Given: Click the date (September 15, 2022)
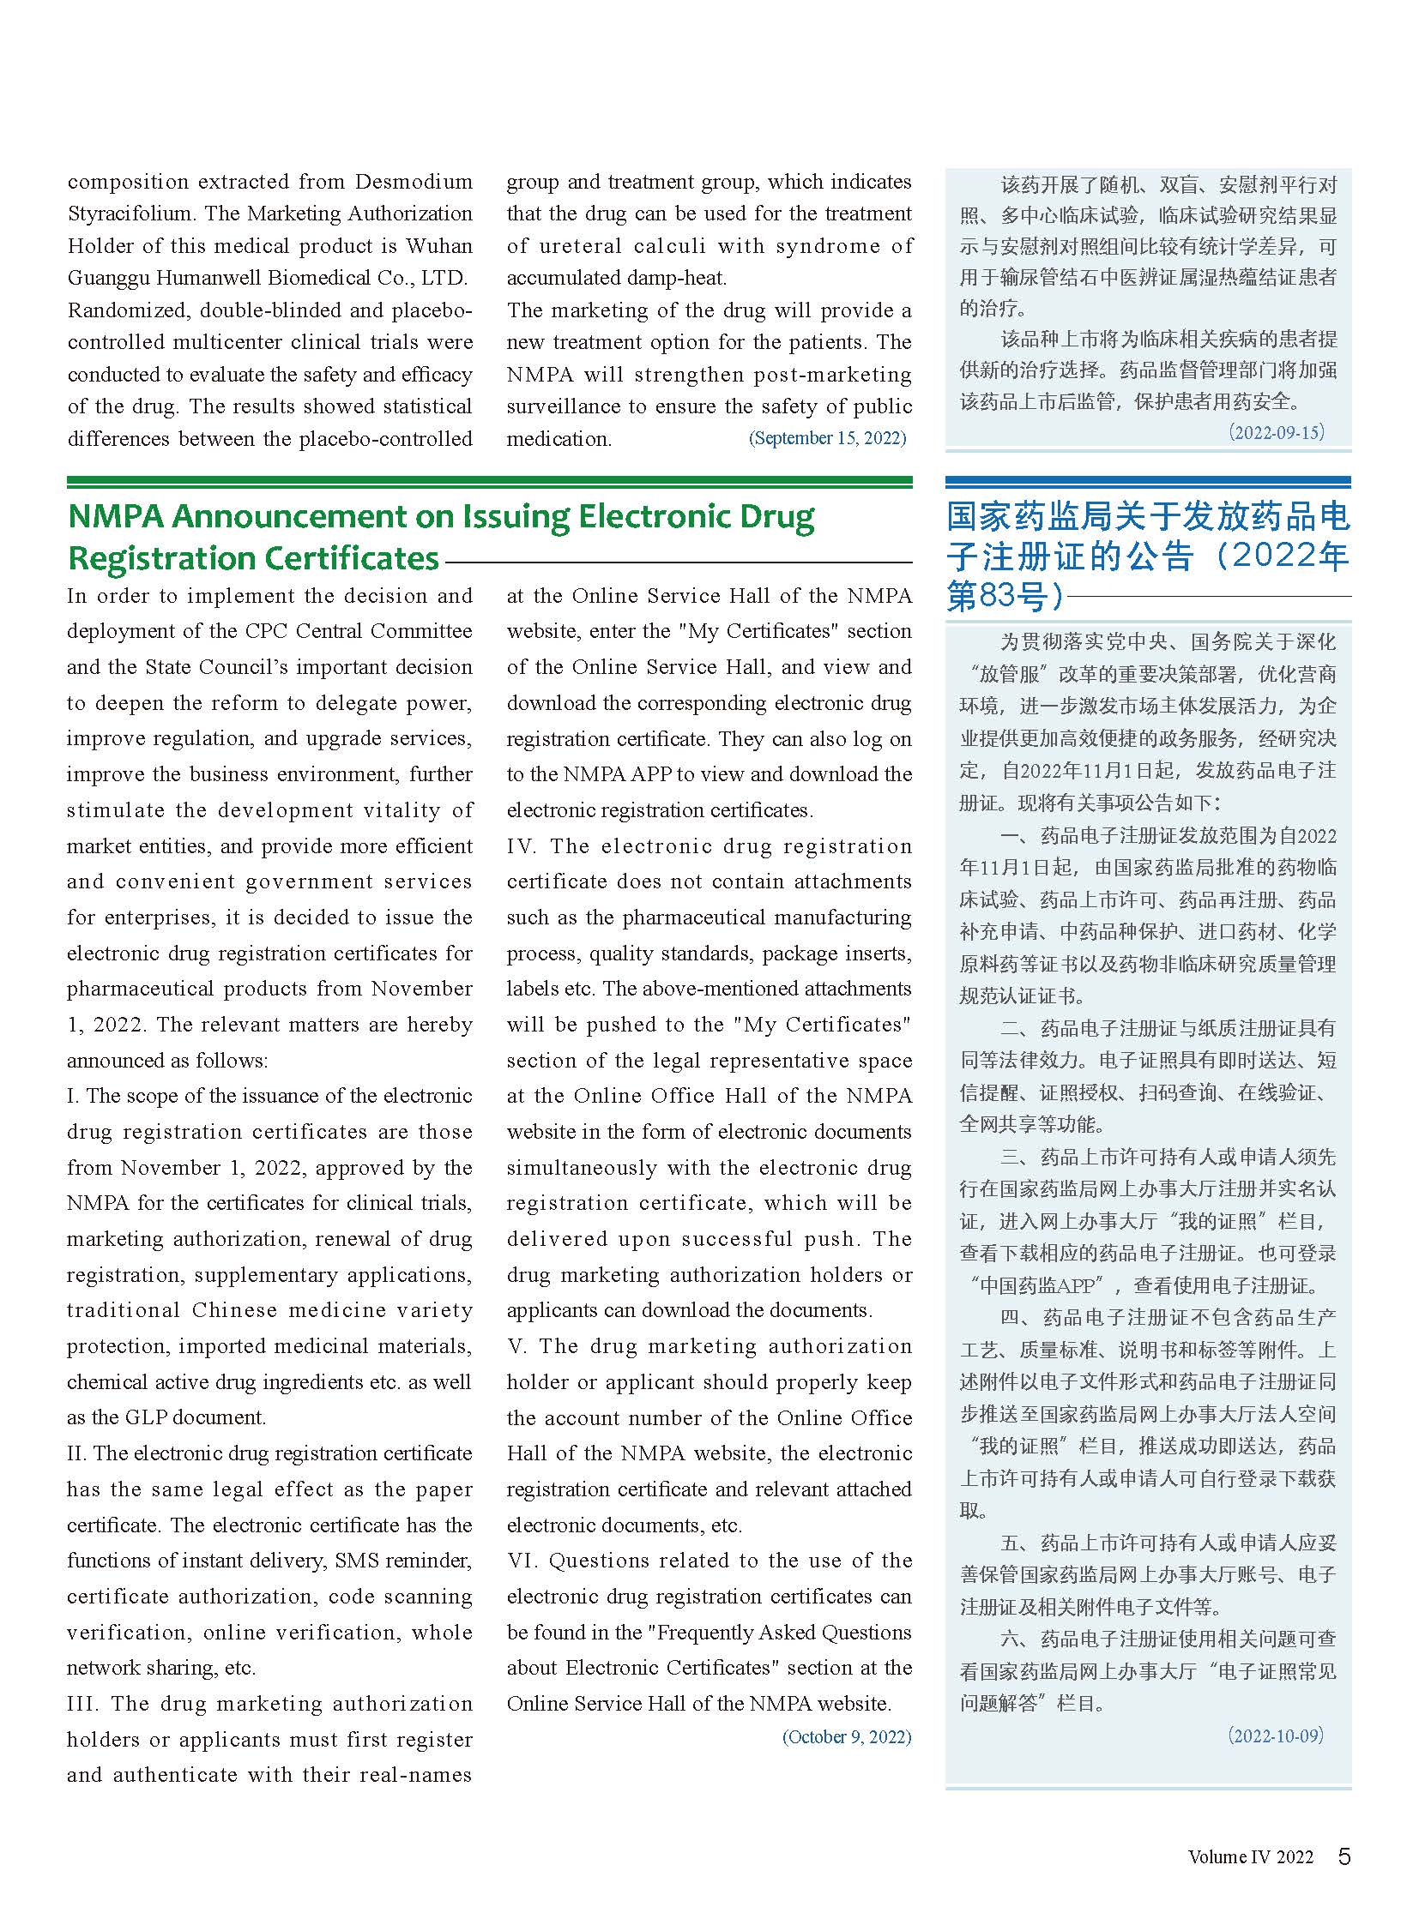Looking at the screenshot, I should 827,438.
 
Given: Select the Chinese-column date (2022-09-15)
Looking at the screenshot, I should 1277,432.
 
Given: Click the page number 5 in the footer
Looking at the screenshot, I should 1344,1856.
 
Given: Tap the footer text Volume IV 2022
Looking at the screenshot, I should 1250,1857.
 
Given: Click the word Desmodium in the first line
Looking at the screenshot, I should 414,182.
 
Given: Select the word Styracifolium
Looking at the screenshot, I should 129,214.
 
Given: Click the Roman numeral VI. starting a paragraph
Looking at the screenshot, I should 522,1561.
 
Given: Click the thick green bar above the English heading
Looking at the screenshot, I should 490,483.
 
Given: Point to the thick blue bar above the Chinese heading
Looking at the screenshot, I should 1148,483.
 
